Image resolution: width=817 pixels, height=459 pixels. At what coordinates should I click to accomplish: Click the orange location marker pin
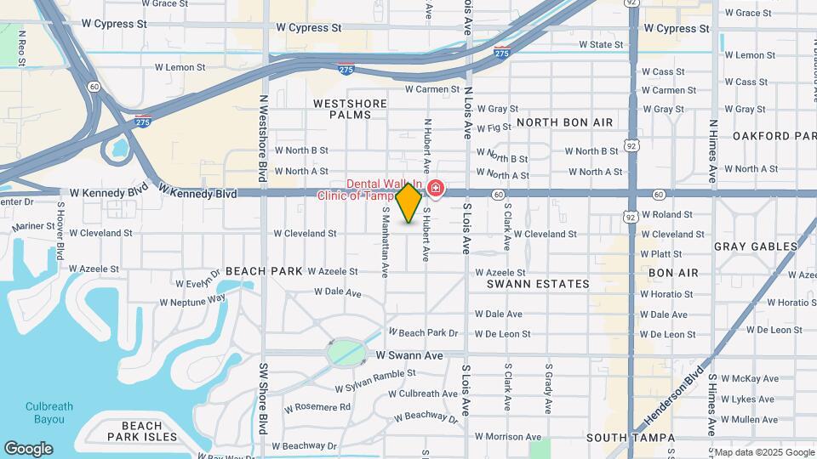point(409,202)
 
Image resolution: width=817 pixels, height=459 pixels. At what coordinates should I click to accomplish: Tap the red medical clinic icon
point(435,187)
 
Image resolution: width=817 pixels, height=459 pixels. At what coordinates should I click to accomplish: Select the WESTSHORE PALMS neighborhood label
point(350,109)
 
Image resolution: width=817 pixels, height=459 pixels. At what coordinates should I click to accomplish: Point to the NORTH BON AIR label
point(564,122)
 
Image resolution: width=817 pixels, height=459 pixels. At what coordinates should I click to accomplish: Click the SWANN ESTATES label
point(538,284)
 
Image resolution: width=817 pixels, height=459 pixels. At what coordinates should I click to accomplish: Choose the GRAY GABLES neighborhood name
point(756,246)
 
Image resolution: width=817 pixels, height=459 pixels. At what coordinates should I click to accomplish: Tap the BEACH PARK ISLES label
point(142,431)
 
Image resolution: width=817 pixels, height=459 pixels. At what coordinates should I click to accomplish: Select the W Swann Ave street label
point(409,355)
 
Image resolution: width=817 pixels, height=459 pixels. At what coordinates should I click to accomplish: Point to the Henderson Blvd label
point(682,394)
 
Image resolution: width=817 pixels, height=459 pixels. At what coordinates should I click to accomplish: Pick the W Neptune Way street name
point(192,300)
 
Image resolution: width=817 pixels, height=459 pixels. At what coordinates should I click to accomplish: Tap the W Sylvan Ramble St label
point(375,380)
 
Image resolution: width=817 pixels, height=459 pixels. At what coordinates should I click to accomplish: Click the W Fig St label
point(494,128)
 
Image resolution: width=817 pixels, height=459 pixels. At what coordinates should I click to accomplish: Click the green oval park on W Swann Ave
point(346,351)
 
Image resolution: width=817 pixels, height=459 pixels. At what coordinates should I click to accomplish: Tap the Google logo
point(28,449)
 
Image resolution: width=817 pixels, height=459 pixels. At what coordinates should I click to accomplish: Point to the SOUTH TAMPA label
point(631,438)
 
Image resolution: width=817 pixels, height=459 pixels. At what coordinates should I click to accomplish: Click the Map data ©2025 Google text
point(763,452)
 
